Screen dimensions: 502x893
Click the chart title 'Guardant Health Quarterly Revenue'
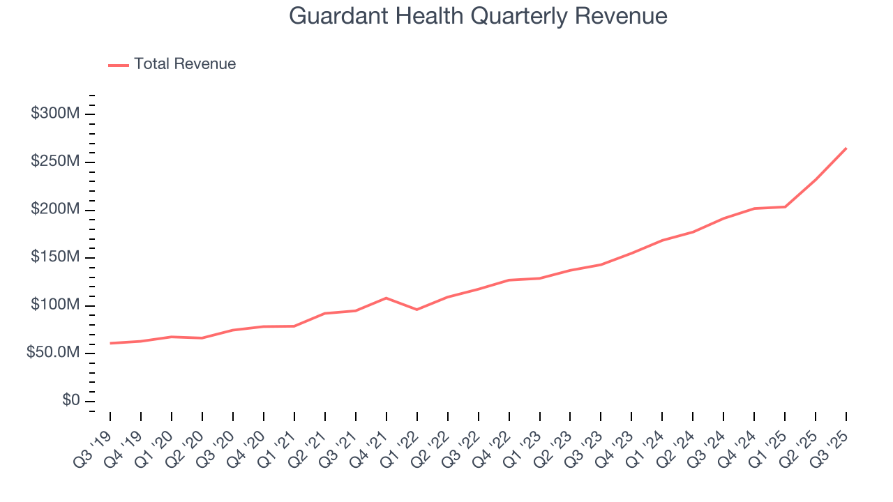click(478, 16)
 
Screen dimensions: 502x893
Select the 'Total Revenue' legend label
click(185, 64)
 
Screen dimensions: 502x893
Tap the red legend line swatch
click(119, 65)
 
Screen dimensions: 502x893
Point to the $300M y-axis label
click(55, 114)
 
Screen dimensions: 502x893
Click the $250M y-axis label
click(55, 162)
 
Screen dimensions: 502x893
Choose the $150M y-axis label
click(55, 257)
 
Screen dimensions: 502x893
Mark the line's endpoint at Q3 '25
click(846, 148)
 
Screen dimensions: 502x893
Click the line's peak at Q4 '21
click(387, 298)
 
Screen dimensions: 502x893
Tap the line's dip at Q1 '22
click(417, 310)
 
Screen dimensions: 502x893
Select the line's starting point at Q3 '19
click(110, 343)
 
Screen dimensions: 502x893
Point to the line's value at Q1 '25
click(785, 206)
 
